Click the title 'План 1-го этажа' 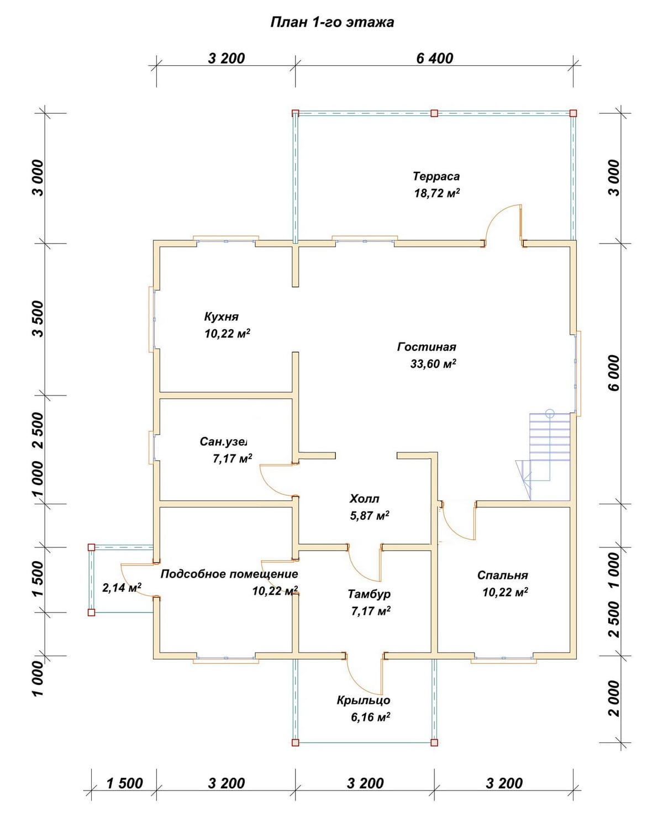tap(332, 23)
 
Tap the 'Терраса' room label tap(436, 176)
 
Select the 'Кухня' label tap(221, 317)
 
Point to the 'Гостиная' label tap(427, 346)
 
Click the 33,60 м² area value tap(433, 363)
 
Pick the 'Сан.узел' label tap(223, 441)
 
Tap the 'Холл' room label tap(364, 498)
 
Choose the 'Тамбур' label tap(369, 594)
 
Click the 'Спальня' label tap(502, 575)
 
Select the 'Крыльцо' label tap(363, 700)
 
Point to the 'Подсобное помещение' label tap(229, 574)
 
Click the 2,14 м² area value tap(122, 588)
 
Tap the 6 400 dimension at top tap(434, 59)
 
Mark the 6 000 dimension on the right tap(614, 373)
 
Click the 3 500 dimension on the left tap(39, 319)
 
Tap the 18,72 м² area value tap(437, 193)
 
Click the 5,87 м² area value tap(370, 515)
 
